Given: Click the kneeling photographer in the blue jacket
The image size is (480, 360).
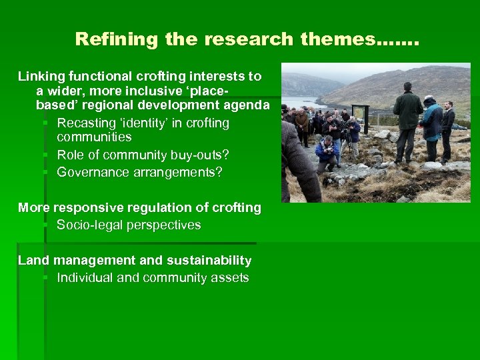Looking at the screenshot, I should [327, 150].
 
